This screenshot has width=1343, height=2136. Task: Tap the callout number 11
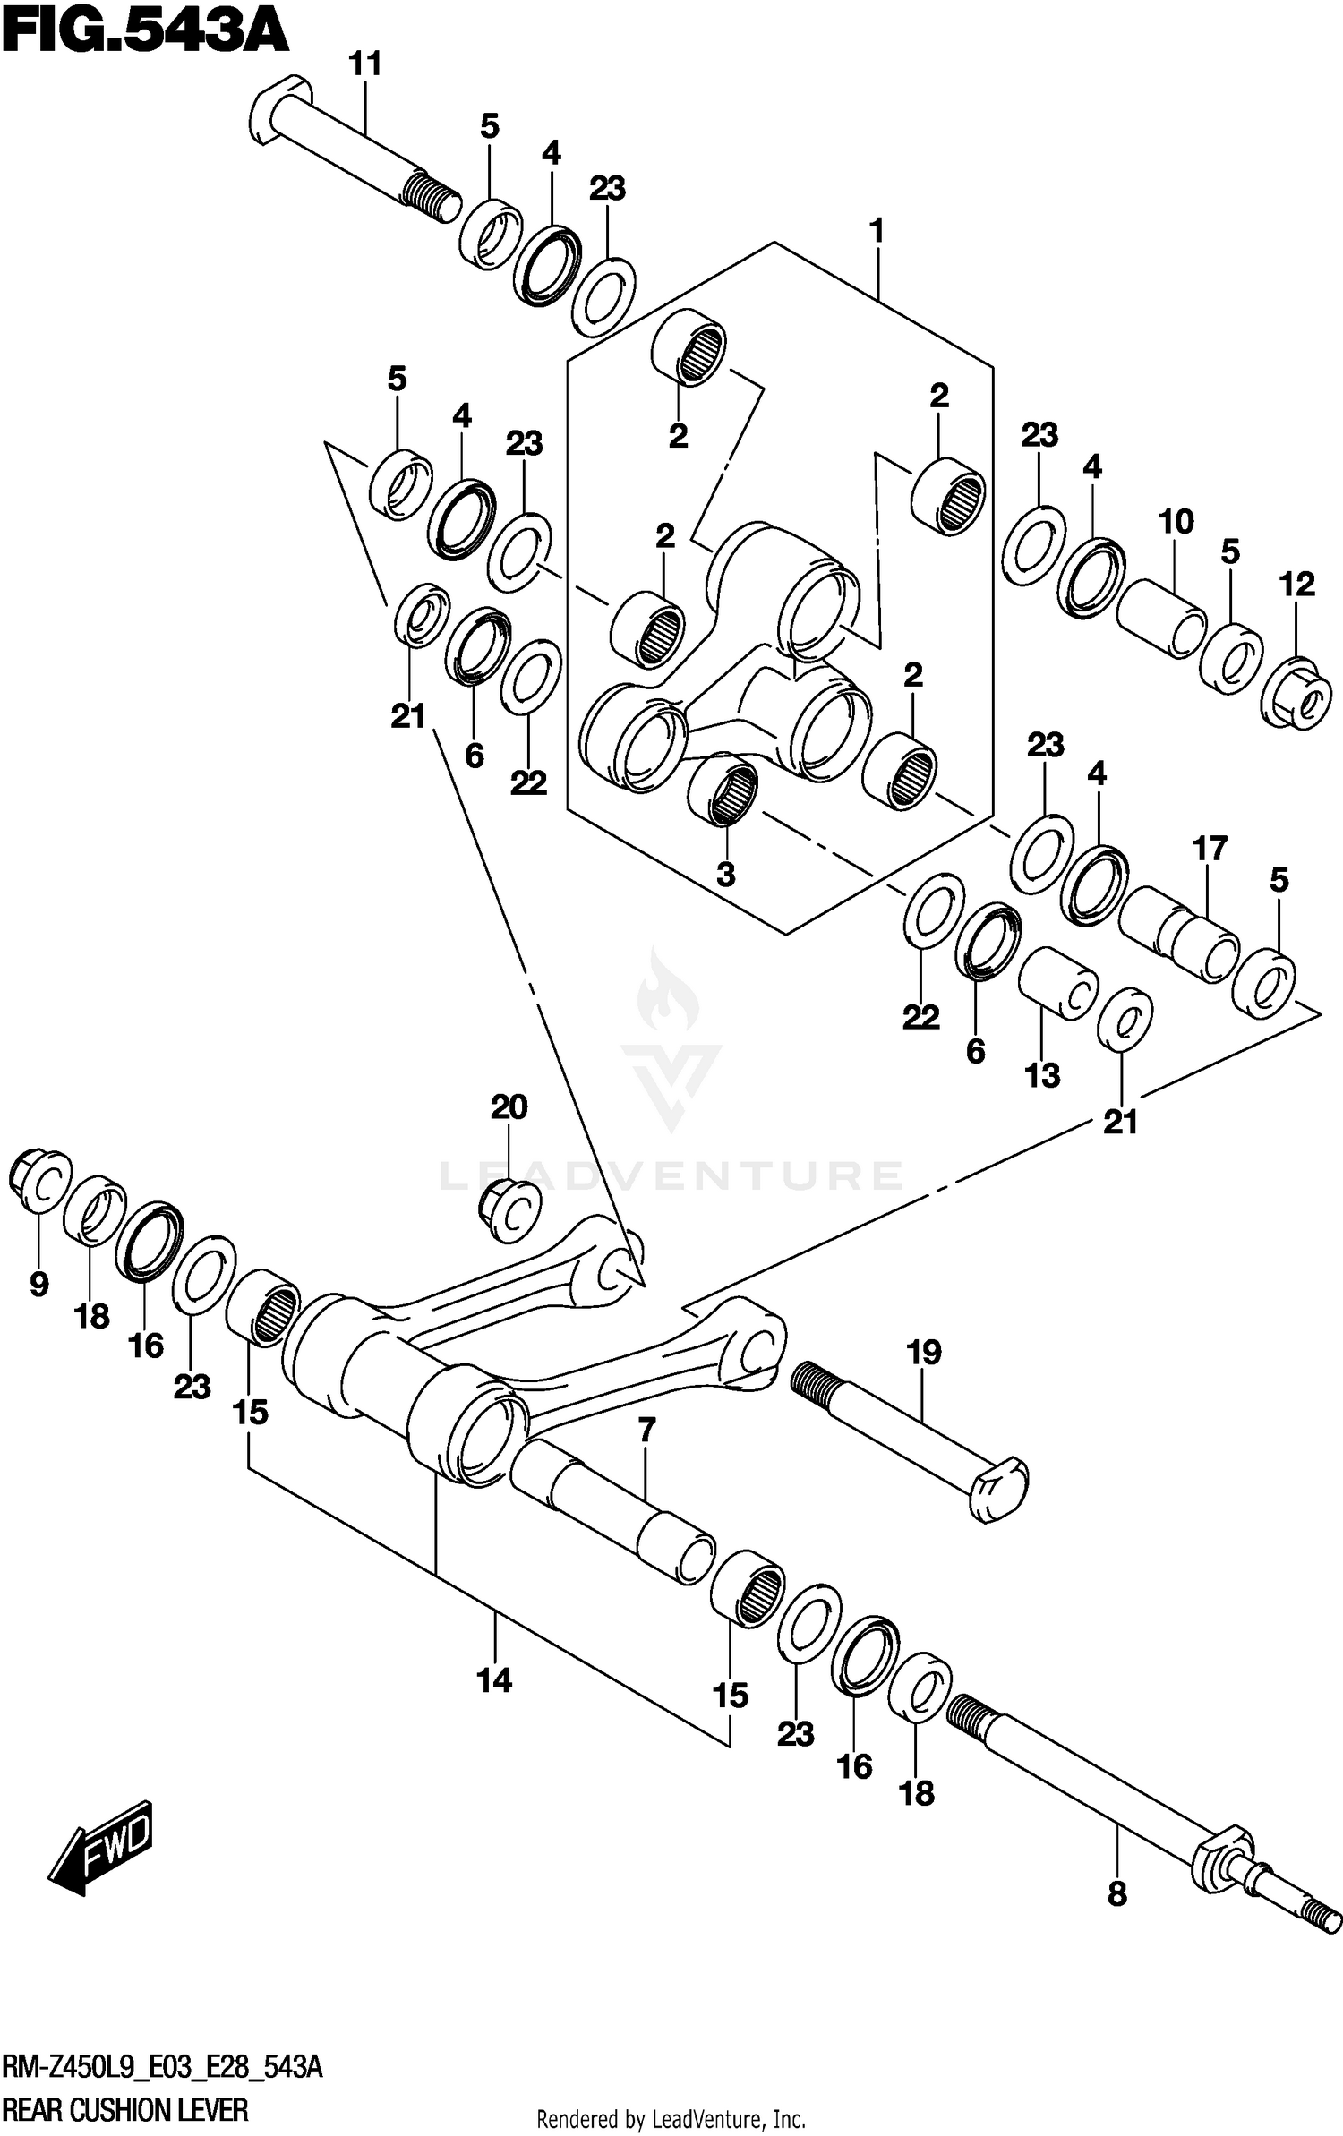(x=365, y=64)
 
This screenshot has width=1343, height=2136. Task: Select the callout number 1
(x=877, y=231)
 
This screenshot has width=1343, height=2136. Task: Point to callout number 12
(x=1296, y=585)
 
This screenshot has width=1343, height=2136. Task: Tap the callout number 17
(x=1210, y=848)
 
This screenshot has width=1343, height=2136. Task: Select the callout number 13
(x=1042, y=1075)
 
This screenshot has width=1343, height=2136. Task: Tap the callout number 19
(x=924, y=1351)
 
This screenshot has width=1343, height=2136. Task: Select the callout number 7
(x=646, y=1430)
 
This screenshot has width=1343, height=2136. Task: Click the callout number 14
(x=494, y=1680)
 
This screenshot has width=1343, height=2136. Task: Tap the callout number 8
(x=1116, y=1894)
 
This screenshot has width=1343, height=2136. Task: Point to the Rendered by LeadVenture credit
(x=671, y=2118)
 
